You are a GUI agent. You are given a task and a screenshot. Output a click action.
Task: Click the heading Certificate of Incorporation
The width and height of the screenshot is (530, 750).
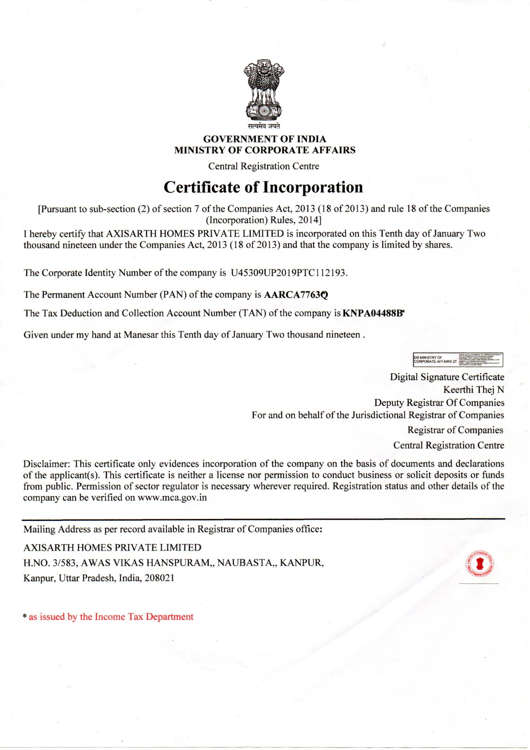coord(263,187)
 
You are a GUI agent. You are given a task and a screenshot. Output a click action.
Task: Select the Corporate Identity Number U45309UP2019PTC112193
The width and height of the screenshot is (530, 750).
coord(287,273)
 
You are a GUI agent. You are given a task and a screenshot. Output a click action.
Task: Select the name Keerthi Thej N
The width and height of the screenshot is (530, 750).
coord(474,390)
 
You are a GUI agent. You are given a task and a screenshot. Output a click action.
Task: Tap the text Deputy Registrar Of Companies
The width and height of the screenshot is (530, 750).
coord(439,403)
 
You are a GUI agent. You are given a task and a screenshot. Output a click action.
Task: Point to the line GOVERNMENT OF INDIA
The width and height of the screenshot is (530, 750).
coord(265,139)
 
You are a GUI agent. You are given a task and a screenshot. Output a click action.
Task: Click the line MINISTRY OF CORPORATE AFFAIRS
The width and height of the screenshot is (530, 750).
coord(265,150)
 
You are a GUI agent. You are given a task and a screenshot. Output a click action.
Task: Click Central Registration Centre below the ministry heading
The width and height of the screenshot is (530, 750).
coord(264,166)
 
